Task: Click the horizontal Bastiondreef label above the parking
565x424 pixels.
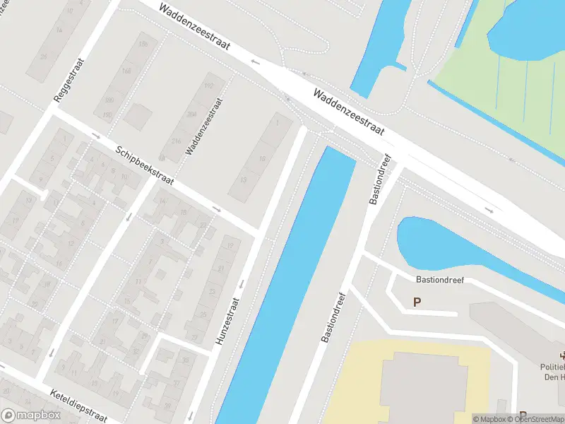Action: coord(440,281)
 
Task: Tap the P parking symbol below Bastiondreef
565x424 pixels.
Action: coord(417,302)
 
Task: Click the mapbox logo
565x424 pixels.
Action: coord(30,415)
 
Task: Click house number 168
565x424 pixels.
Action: coord(127,71)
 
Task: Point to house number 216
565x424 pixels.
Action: coord(176,141)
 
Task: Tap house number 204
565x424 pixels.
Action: coord(192,114)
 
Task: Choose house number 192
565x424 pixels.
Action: coord(208,86)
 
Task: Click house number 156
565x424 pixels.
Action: coord(144,44)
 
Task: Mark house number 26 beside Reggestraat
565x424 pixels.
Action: coord(44,56)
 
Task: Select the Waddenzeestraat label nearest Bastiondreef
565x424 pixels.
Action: coord(348,112)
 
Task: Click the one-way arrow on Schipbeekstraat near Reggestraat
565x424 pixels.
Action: coord(96,135)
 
